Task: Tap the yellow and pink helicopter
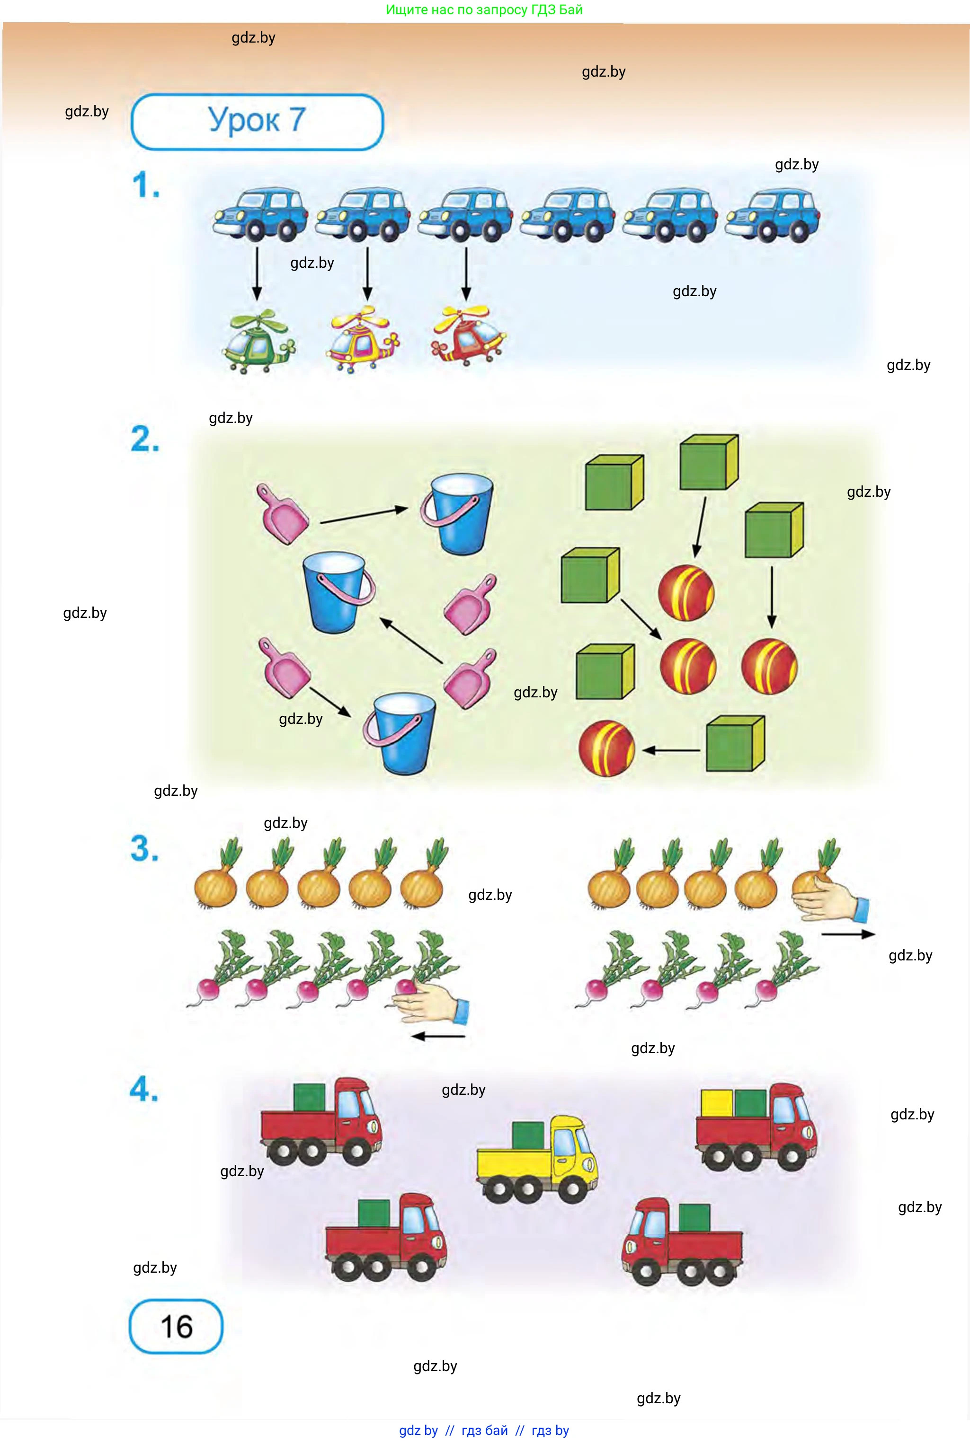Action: click(x=364, y=339)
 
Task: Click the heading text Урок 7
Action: click(x=257, y=120)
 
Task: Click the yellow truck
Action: click(x=537, y=1159)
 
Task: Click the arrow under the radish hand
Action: click(x=438, y=1036)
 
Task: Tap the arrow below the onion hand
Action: click(x=848, y=934)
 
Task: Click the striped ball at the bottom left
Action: click(x=606, y=748)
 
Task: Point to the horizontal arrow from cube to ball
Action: click(x=671, y=750)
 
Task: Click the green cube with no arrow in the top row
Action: click(x=614, y=482)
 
